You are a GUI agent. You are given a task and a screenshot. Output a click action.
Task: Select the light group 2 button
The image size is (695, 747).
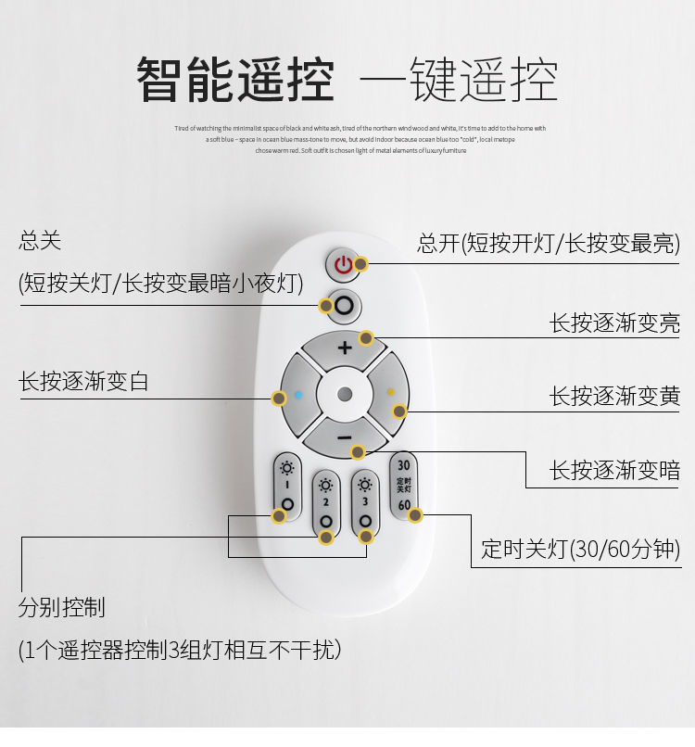(325, 506)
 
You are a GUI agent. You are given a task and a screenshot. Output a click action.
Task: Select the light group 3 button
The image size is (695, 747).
(365, 506)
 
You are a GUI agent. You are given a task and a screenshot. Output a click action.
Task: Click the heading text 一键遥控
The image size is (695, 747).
(458, 80)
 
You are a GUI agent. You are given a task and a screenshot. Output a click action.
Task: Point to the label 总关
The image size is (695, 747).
(40, 242)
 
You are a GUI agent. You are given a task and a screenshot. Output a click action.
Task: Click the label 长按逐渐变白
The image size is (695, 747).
(83, 381)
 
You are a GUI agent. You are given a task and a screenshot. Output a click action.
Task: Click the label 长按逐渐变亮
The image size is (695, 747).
(614, 323)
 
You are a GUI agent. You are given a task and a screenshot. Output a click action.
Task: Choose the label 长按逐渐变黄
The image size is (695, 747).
(614, 396)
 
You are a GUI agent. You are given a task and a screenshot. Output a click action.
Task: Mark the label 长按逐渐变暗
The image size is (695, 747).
(614, 470)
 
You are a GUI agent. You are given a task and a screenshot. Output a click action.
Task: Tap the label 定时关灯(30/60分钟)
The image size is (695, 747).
(580, 549)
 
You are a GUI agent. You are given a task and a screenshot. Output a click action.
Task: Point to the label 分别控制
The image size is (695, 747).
(61, 608)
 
